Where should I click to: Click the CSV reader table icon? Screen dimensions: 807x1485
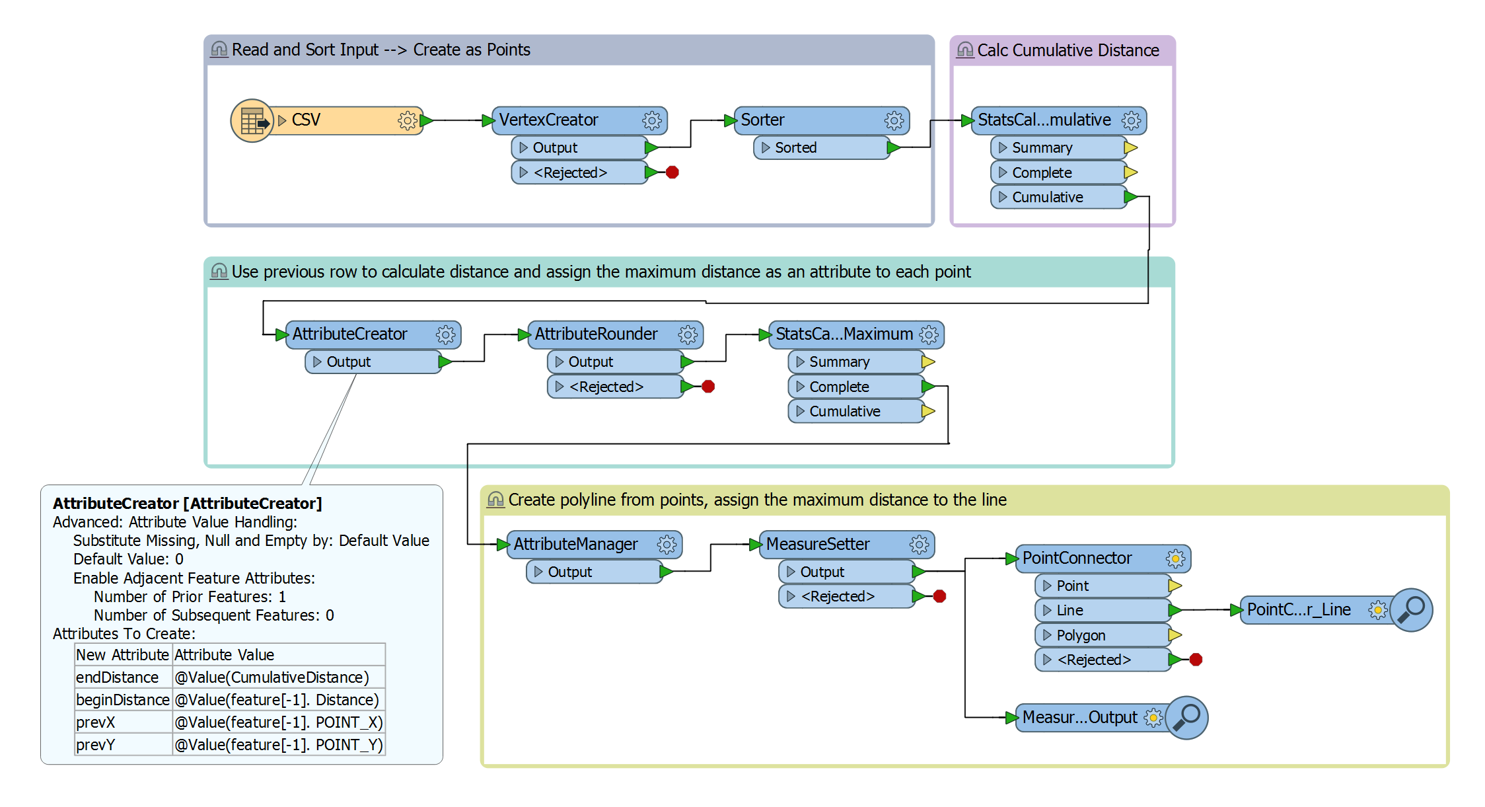pyautogui.click(x=252, y=120)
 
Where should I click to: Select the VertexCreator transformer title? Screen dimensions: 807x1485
pyautogui.click(x=548, y=120)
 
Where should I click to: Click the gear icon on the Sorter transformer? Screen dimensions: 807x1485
pyautogui.click(x=894, y=120)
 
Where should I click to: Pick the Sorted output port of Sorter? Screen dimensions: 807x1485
pyautogui.click(x=795, y=148)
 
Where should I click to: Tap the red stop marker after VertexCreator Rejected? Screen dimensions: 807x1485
pyautogui.click(x=672, y=173)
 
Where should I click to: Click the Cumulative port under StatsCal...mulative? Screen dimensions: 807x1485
pyautogui.click(x=1047, y=197)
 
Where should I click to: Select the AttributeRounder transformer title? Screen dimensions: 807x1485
pyautogui.click(x=596, y=334)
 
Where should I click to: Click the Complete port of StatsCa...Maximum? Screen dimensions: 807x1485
pyautogui.click(x=839, y=387)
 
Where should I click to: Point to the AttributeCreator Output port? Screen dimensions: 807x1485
pyautogui.click(x=349, y=362)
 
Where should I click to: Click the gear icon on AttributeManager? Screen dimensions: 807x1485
pyautogui.click(x=667, y=545)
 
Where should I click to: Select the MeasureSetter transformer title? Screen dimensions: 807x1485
pyautogui.click(x=818, y=545)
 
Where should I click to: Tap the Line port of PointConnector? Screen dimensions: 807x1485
pyautogui.click(x=1069, y=611)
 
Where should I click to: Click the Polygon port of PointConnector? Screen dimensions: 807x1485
pyautogui.click(x=1081, y=636)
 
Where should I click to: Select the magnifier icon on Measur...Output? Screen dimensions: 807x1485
pyautogui.click(x=1187, y=717)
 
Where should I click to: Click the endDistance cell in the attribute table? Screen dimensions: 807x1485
pyautogui.click(x=118, y=677)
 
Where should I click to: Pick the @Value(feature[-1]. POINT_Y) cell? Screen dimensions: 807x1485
pyautogui.click(x=278, y=745)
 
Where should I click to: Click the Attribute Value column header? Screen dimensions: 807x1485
pyautogui.click(x=225, y=655)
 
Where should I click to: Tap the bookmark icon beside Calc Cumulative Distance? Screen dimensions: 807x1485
pyautogui.click(x=965, y=50)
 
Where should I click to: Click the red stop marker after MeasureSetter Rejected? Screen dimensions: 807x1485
pyautogui.click(x=939, y=597)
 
